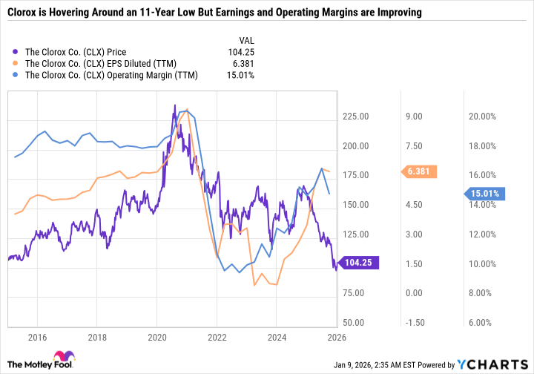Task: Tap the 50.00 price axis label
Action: (357, 323)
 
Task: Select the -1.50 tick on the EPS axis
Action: (412, 323)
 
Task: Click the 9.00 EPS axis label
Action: (412, 117)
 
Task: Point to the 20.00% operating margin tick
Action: (480, 117)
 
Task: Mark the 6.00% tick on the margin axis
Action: (480, 323)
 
